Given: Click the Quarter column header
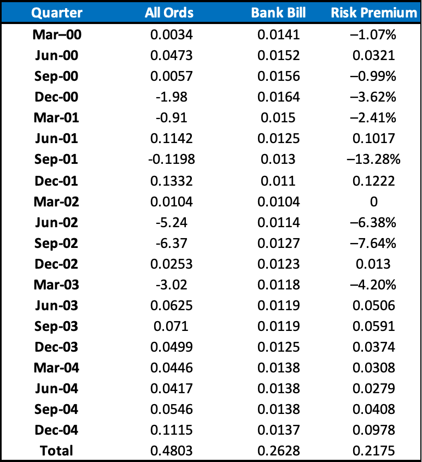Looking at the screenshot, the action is pos(57,13).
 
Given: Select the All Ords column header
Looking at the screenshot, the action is pos(169,13).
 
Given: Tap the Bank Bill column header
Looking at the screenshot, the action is pos(278,13).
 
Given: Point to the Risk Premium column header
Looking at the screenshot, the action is pos(374,13).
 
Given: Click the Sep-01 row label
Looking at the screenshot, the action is pos(56,159).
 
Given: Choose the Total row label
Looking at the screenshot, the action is pos(56,451).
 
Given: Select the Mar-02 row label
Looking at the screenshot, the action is pos(56,202).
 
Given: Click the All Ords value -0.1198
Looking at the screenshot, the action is pos(171,159).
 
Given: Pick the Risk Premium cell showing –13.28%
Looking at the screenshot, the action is pos(374,159).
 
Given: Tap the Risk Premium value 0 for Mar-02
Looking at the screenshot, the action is pos(374,202).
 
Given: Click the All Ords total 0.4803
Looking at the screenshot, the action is pos(171,451).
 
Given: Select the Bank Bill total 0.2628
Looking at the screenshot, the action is pos(278,451).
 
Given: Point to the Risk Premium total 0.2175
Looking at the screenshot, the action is pos(374,451).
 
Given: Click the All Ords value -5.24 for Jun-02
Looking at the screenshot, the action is pos(171,222).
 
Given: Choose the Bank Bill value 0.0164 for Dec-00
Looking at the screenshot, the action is pos(278,97).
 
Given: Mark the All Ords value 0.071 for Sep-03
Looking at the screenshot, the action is pos(171,326).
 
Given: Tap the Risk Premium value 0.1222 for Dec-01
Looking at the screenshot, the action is pos(374,181).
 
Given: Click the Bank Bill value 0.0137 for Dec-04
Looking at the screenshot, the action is pos(278,430).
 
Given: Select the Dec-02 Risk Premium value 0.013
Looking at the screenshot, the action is pos(373,264).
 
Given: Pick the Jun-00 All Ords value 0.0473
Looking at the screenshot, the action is pos(171,55).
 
